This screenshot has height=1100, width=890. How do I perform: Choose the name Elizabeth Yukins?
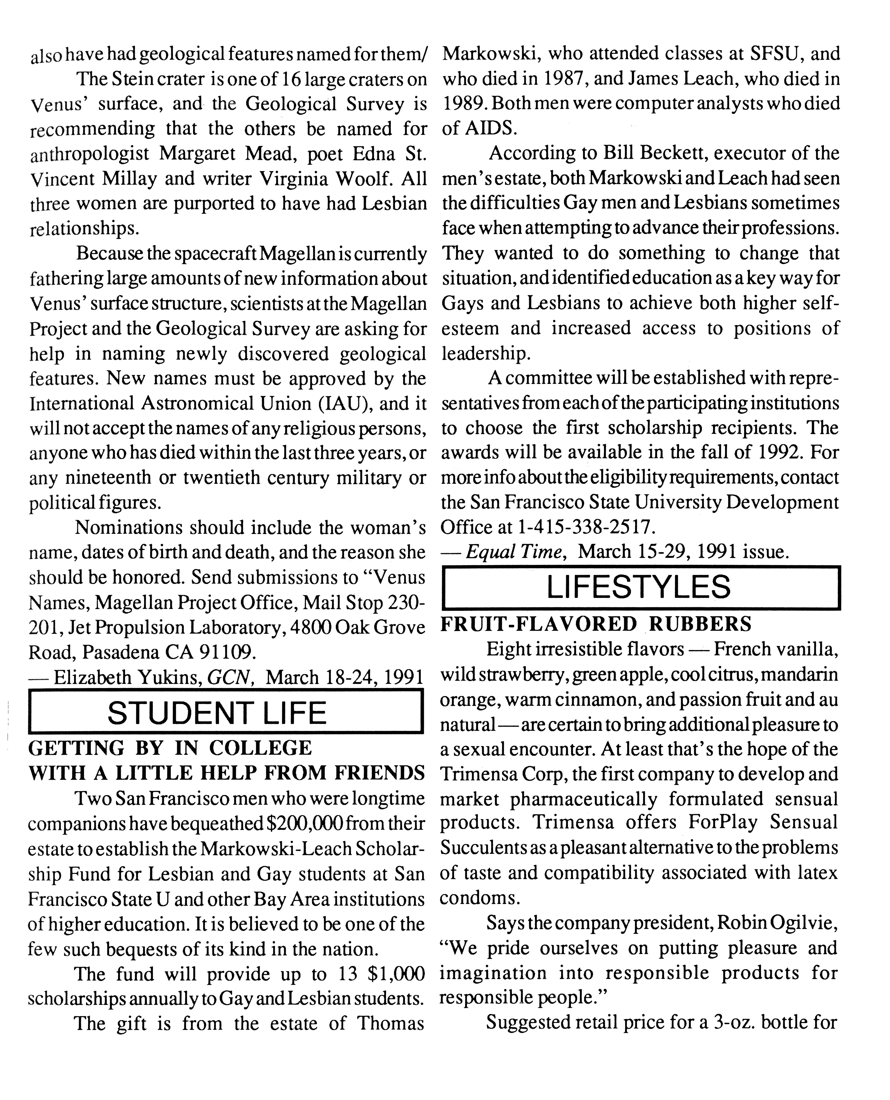(128, 677)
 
